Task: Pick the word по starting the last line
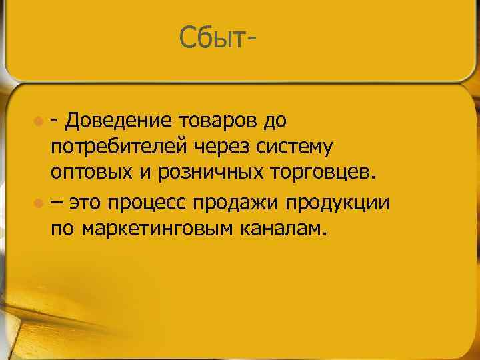tap(62, 229)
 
